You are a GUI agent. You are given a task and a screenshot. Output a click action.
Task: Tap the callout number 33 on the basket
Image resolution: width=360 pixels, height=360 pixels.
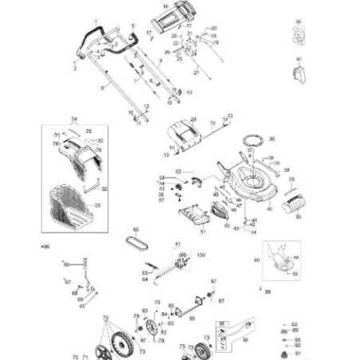[98, 205]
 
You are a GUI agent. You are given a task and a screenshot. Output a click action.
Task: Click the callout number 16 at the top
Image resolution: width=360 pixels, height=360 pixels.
[166, 6]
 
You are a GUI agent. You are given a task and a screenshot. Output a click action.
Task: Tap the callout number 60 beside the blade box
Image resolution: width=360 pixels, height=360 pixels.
[256, 260]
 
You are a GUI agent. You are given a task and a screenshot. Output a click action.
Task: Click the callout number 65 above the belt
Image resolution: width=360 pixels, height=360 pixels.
[135, 229]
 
